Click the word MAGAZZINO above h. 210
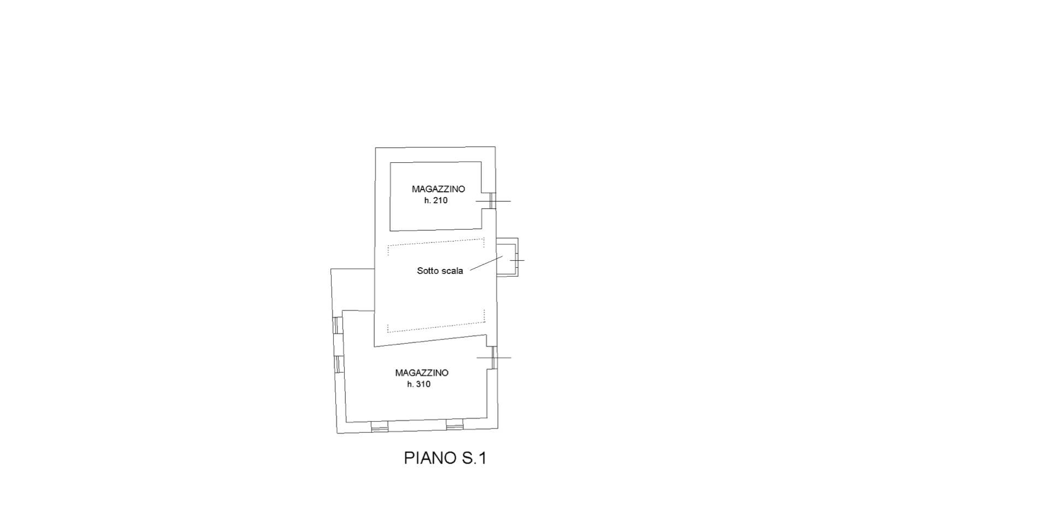click(x=438, y=189)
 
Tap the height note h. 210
click(x=435, y=201)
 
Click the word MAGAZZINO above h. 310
click(x=422, y=373)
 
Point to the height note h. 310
click(x=419, y=384)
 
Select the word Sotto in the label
click(x=427, y=271)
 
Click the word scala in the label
click(x=452, y=271)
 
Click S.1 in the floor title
click(x=474, y=458)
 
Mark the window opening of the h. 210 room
click(x=492, y=201)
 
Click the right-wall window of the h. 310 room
click(x=493, y=357)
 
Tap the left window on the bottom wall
click(x=380, y=426)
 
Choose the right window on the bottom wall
click(x=455, y=425)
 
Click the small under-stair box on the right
click(x=507, y=257)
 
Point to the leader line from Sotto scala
click(x=486, y=263)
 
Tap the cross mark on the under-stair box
click(x=516, y=260)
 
